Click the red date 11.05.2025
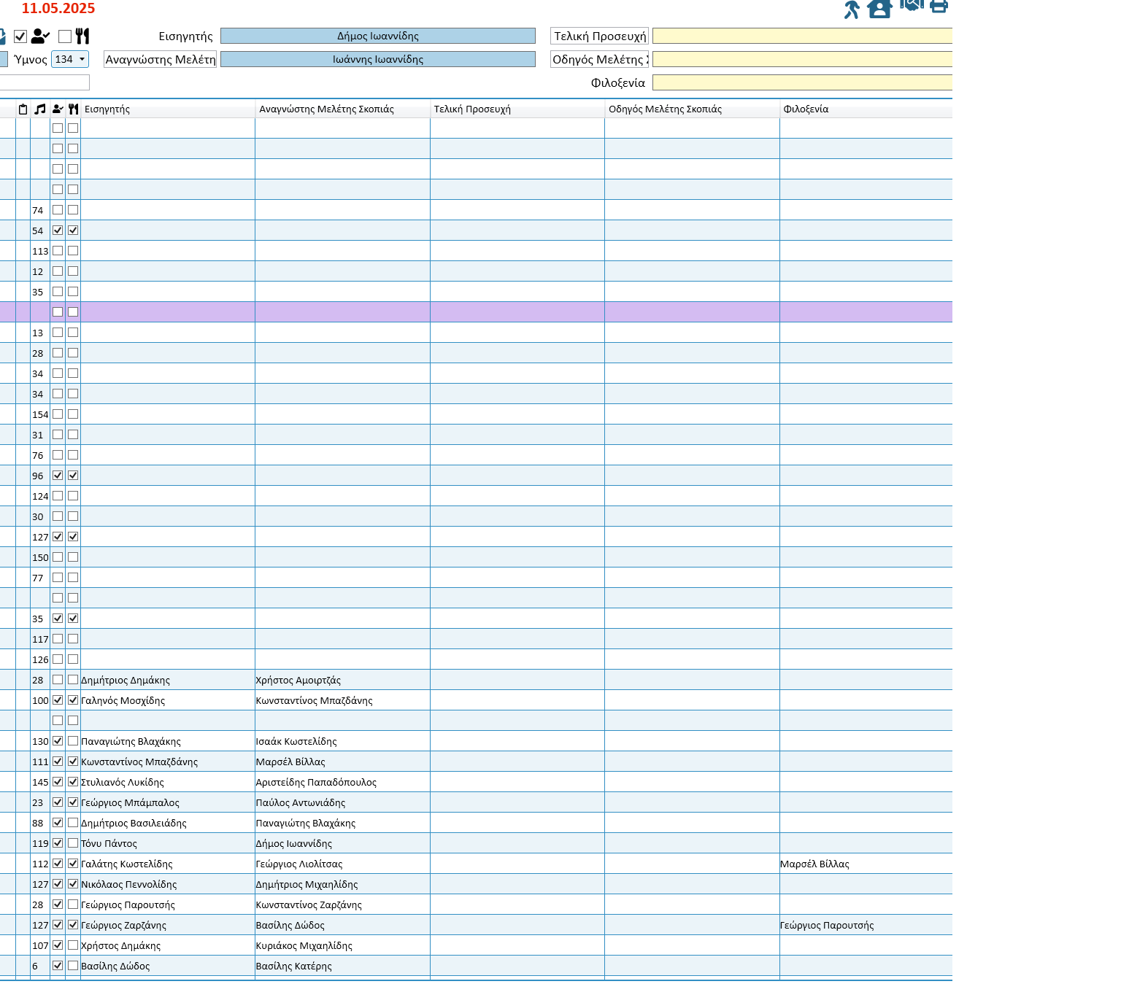58,9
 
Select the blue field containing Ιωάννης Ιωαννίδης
377,59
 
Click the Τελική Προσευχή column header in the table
472,109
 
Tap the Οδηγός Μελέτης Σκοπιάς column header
665,109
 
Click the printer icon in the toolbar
939,7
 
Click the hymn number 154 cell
40,414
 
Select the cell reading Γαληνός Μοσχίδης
123,700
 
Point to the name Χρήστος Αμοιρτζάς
298,680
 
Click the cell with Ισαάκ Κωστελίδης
296,741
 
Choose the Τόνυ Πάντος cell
109,843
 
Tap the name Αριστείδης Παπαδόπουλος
316,782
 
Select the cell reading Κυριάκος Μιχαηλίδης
304,945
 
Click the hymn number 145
40,782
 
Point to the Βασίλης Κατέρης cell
293,966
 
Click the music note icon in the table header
39,109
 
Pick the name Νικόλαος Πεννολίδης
128,884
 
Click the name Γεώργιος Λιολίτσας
298,864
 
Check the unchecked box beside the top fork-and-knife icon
65,36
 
